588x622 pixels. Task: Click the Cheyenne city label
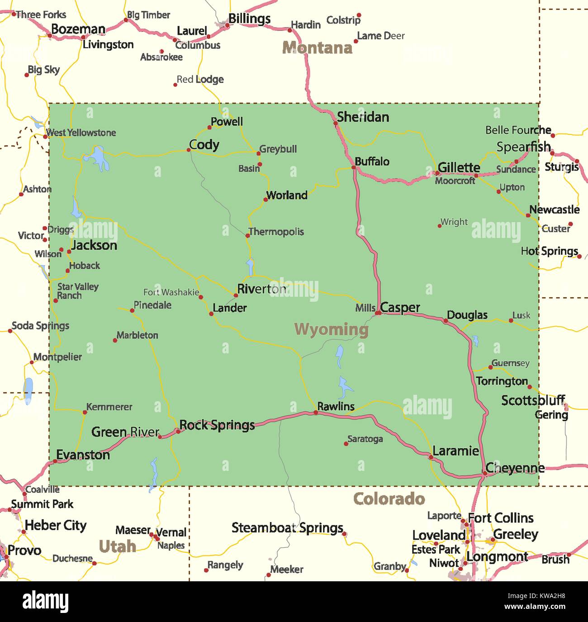[515, 468]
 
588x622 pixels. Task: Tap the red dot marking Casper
[378, 312]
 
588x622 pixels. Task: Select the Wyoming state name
[332, 329]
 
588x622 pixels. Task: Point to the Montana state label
[317, 47]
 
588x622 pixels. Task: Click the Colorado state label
[389, 499]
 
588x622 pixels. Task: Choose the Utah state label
[117, 546]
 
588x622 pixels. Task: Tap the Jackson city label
[94, 245]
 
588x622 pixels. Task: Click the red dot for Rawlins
[316, 412]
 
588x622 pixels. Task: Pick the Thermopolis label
[276, 232]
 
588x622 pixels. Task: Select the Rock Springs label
[217, 425]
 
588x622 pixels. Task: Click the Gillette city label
[459, 167]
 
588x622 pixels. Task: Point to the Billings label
[249, 19]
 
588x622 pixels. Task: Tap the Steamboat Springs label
[287, 528]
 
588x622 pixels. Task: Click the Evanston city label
[83, 455]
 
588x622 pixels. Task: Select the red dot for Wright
[439, 225]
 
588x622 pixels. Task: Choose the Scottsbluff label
[533, 400]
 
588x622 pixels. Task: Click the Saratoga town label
[365, 439]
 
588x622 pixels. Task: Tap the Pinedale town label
[152, 305]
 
